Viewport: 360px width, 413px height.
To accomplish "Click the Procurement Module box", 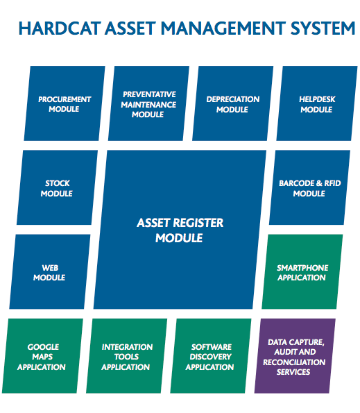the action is pos(65,103).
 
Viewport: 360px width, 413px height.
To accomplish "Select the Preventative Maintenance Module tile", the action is pos(148,103).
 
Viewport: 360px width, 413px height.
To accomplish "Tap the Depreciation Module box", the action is pos(233,103).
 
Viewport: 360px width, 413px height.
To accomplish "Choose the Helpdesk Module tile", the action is pos(317,103).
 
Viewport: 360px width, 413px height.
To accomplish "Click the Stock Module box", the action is pos(57,187).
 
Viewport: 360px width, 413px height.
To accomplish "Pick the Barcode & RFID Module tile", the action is pos(310,187).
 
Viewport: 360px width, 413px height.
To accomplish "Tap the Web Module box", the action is pos(50,272).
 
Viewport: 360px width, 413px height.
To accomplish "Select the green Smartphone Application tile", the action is pos(302,272).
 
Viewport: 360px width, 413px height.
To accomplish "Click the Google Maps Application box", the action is pos(42,356).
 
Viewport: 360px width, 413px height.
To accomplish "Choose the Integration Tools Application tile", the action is pos(126,356).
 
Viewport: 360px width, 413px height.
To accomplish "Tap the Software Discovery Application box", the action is pos(211,356).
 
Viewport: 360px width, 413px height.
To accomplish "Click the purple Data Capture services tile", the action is pos(295,356).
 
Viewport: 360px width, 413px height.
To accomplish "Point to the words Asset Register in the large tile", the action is pos(180,223).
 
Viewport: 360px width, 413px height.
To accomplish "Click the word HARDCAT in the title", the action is pos(60,28).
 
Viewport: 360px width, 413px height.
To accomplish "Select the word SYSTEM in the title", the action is pos(323,28).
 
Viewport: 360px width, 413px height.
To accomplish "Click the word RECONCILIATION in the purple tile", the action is pos(294,362).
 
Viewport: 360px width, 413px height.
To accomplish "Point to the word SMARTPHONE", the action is pos(302,268).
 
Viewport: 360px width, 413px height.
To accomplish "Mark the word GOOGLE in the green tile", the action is pos(43,347).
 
